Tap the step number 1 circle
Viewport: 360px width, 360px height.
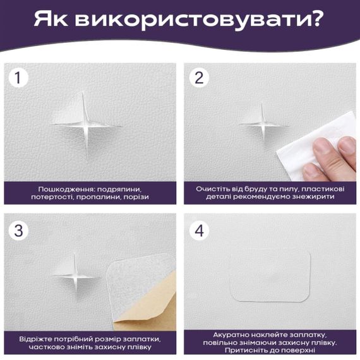tap(20, 78)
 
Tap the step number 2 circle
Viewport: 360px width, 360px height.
tap(199, 78)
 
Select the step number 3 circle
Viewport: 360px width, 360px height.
tap(20, 231)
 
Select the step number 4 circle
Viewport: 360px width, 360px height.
tap(199, 231)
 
